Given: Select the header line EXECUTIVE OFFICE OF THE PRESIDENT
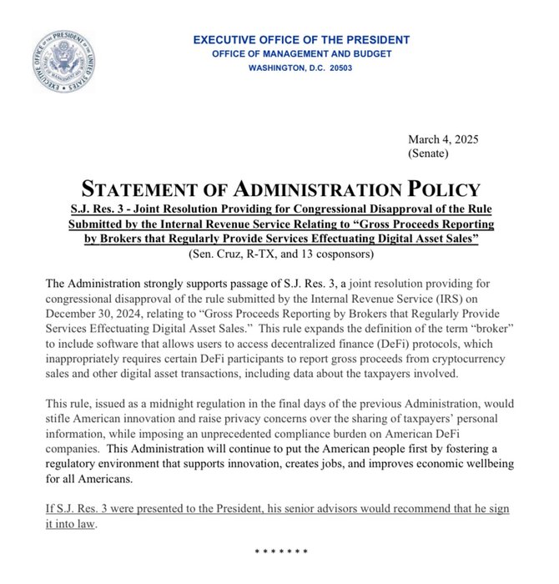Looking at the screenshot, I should click(x=301, y=40).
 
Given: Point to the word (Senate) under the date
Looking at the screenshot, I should click(x=429, y=154).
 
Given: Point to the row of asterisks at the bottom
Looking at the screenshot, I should click(x=280, y=552).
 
